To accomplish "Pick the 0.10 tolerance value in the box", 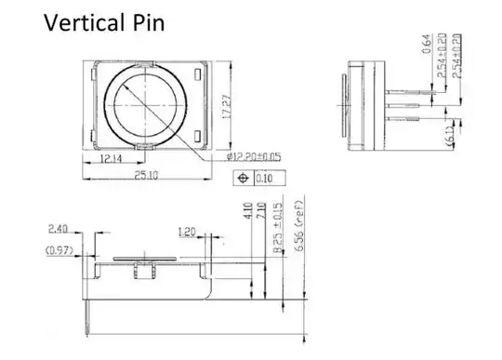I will tap(266, 178).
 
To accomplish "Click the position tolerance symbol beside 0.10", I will tap(244, 178).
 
